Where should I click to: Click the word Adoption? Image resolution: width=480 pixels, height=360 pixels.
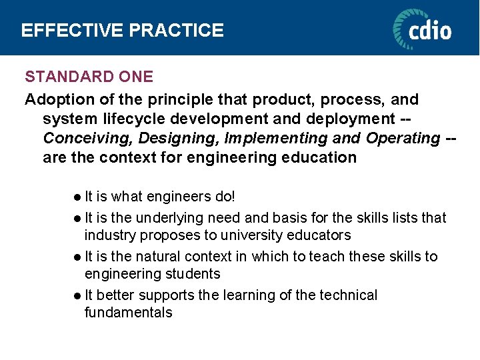pyautogui.click(x=55, y=100)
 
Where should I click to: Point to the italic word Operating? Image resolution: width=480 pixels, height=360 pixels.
pyautogui.click(x=402, y=139)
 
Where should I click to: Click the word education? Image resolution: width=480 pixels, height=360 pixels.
pyautogui.click(x=320, y=158)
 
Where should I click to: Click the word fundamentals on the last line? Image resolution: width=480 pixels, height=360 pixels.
pyautogui.click(x=128, y=313)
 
